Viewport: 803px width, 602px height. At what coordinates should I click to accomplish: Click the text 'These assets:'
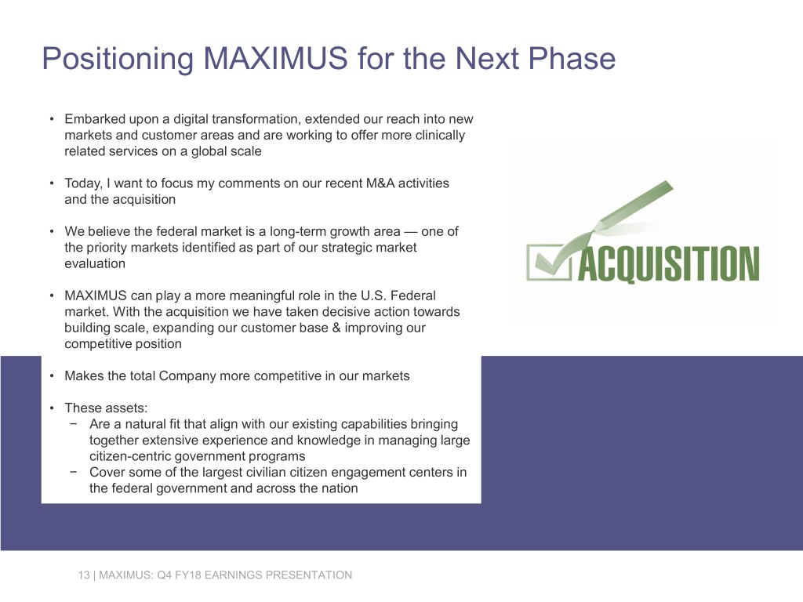coord(100,408)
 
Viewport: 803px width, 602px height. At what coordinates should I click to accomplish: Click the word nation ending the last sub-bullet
coord(340,488)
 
